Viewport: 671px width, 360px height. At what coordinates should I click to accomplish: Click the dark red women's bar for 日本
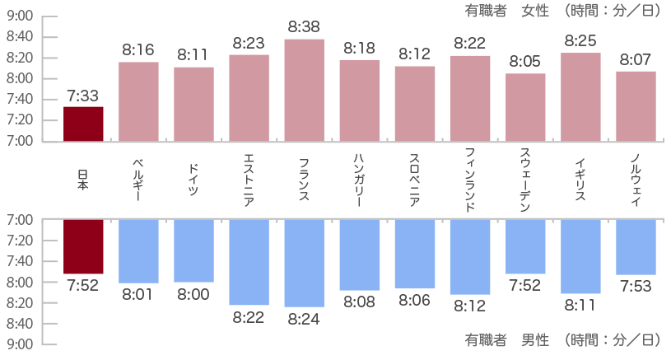pos(83,124)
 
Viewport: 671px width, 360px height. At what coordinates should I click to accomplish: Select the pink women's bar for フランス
pos(304,90)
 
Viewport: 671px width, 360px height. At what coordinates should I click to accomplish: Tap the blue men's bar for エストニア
pos(249,262)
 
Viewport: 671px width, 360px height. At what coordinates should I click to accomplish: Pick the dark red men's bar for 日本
pos(83,246)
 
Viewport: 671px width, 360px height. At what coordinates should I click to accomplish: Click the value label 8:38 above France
pos(304,27)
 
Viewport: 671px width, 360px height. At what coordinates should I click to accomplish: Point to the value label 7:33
pos(83,96)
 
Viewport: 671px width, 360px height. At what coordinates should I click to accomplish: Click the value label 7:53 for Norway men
pos(636,286)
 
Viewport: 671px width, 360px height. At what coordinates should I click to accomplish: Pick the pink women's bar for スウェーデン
pos(525,107)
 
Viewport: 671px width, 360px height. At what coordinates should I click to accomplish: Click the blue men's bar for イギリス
pos(580,256)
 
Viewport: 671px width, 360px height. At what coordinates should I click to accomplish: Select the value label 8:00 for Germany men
pos(193,294)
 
